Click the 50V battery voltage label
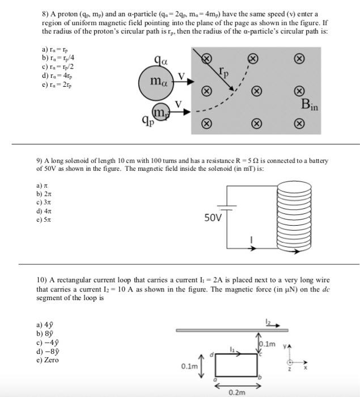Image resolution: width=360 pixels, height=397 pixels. pyautogui.click(x=214, y=217)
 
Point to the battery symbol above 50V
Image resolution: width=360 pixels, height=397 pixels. pyautogui.click(x=226, y=208)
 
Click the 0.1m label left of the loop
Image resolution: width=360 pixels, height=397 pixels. pyautogui.click(x=189, y=367)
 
